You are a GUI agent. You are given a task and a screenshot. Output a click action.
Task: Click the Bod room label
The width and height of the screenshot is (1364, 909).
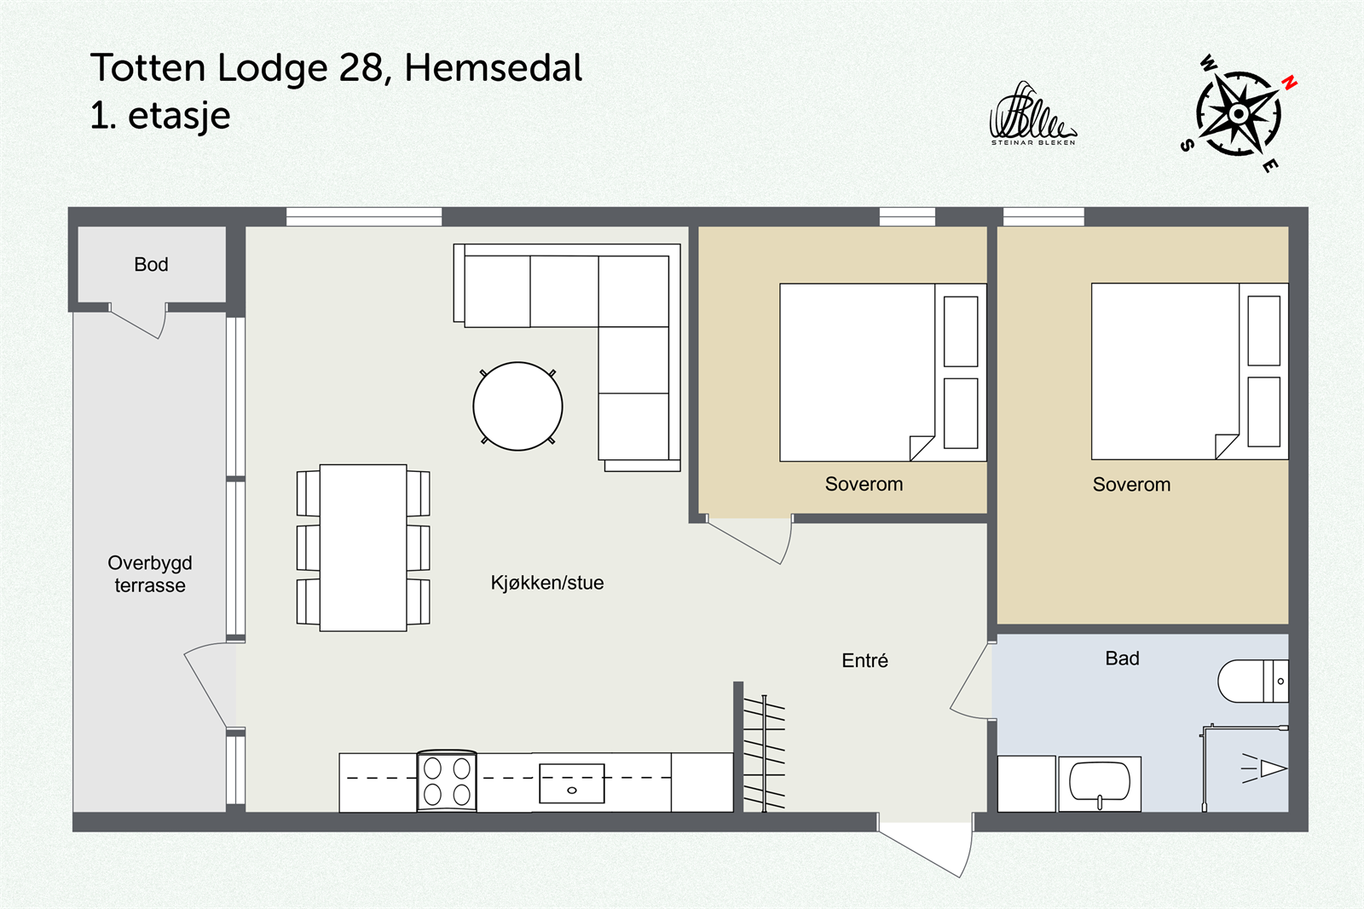[x=151, y=264]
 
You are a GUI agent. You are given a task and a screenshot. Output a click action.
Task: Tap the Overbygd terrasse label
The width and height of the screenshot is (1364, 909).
[x=150, y=573]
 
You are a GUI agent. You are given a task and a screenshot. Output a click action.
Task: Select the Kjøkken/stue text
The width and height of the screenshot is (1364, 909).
[x=546, y=583]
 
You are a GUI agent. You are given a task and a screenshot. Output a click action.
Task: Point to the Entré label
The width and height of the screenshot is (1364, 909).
[x=864, y=660]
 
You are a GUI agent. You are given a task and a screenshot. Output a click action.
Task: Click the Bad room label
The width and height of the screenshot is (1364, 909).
[x=1122, y=658]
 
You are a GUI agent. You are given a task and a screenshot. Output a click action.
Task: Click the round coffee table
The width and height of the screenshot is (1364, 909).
[x=517, y=406]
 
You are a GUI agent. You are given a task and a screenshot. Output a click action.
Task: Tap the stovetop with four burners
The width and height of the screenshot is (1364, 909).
[x=447, y=781]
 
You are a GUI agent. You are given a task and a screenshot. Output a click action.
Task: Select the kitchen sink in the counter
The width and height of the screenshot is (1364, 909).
[x=571, y=784]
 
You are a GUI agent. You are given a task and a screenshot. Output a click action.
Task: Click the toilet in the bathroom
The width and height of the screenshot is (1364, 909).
[x=1251, y=681]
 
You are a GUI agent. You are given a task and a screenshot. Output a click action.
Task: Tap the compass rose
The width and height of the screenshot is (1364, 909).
[x=1238, y=113]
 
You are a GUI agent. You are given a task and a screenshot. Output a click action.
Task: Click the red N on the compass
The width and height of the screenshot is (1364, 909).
[x=1290, y=83]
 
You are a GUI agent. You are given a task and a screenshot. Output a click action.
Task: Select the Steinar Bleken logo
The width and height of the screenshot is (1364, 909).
[x=1032, y=115]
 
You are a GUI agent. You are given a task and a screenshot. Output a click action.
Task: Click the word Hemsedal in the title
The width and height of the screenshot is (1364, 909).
[x=493, y=68]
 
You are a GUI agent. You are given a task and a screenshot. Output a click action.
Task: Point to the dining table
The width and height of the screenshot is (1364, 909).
[x=363, y=548]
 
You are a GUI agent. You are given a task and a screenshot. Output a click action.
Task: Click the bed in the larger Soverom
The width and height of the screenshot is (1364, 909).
[x=1165, y=371]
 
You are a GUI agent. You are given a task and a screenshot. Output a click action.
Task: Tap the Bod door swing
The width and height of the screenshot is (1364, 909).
[x=141, y=322]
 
